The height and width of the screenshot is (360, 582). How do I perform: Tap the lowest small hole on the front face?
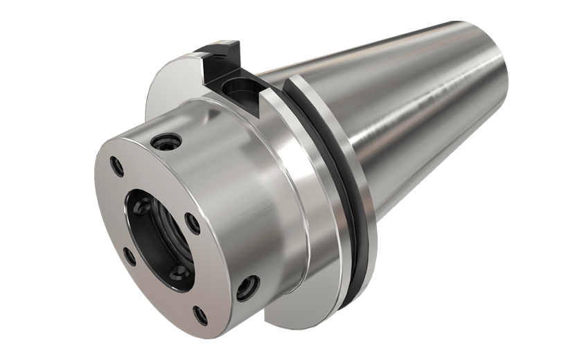[x=200, y=316]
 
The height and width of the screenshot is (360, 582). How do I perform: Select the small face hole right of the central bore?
[x=194, y=224]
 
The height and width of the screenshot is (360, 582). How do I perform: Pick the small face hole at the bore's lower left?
[x=129, y=257]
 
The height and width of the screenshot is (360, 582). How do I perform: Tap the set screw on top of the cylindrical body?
[x=167, y=141]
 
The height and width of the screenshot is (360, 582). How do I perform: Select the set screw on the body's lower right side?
[x=247, y=287]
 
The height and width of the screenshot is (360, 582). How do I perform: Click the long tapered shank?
[x=416, y=118]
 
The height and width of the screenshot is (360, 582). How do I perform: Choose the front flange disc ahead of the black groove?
[x=305, y=208]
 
